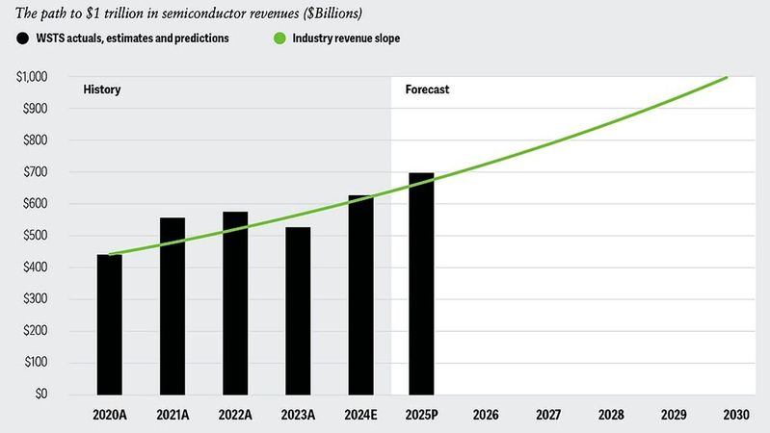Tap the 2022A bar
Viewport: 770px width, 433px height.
click(235, 303)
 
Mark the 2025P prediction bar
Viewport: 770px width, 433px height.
click(421, 284)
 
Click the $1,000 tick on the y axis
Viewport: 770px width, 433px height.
click(34, 77)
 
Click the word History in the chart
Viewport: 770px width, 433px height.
click(102, 89)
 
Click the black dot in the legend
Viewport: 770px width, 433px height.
click(22, 38)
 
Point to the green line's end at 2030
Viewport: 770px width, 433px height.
click(728, 77)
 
